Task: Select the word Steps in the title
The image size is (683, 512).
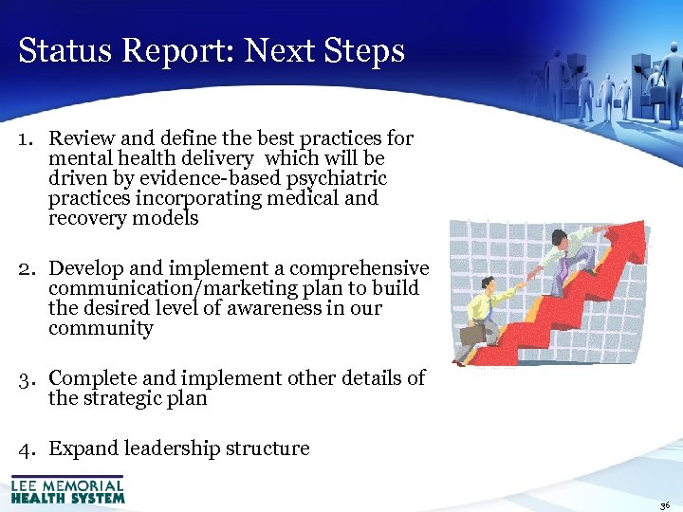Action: (x=365, y=52)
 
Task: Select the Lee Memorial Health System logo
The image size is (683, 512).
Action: (x=67, y=489)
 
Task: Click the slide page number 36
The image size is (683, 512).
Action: (x=664, y=506)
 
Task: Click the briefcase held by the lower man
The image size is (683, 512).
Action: (x=472, y=334)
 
